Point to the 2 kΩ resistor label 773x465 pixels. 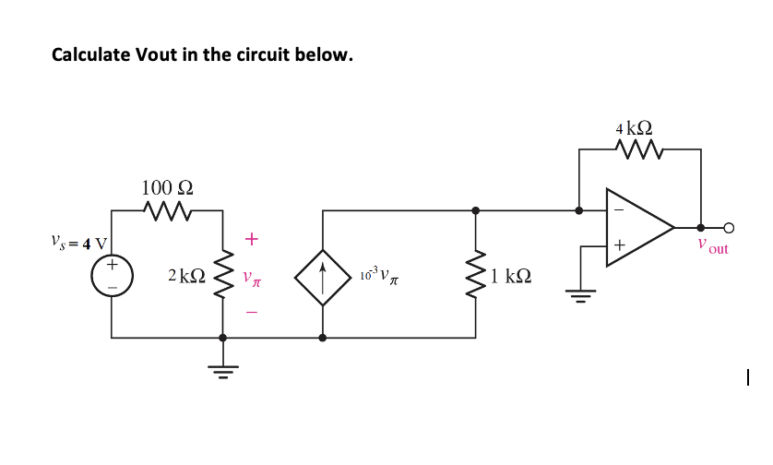[x=186, y=276]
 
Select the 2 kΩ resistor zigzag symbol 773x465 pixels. [x=221, y=274]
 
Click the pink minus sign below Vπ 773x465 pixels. [x=251, y=311]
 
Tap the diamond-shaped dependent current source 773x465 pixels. [x=322, y=275]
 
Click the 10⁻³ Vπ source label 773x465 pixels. [x=379, y=275]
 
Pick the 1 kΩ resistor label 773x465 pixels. [x=509, y=276]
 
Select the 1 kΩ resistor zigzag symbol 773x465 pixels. [x=476, y=274]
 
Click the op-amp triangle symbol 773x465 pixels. [x=636, y=227]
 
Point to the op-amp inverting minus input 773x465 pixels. [x=619, y=210]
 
